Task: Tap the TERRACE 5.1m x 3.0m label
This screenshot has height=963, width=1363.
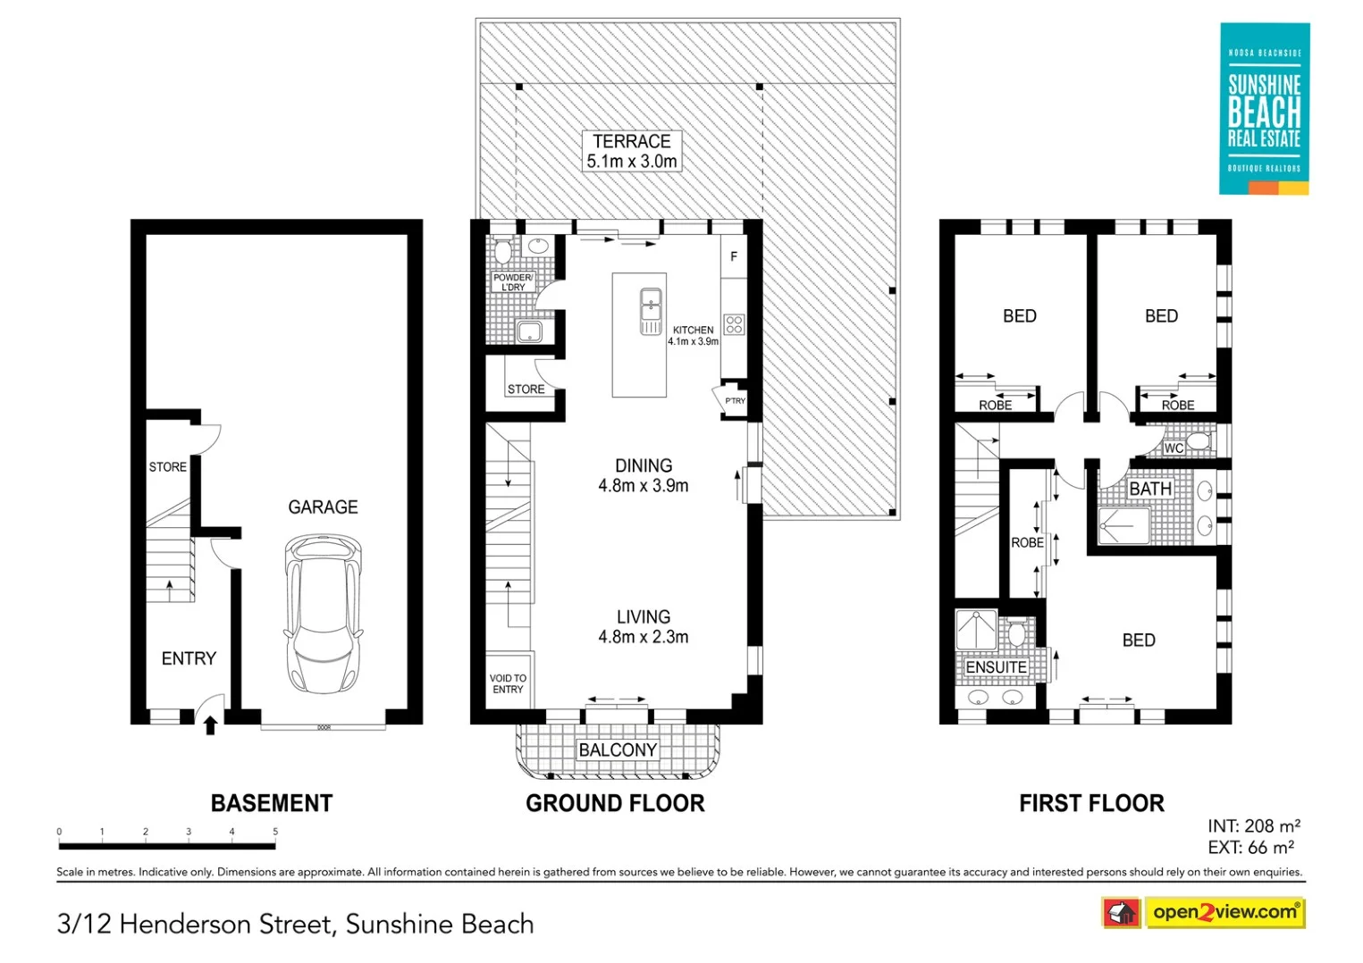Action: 632,151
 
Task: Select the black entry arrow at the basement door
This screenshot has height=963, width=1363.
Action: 211,724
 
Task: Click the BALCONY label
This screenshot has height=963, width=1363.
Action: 618,749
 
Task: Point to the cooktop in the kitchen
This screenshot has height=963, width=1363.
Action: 734,324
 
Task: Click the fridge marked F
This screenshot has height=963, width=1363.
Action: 734,256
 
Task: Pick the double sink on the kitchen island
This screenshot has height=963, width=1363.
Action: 651,311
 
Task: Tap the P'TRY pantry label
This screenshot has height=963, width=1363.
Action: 735,401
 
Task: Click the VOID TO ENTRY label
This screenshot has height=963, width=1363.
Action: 508,683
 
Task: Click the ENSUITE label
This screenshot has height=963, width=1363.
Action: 996,667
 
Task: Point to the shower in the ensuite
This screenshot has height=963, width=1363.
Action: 976,629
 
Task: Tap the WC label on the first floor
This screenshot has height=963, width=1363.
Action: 1174,448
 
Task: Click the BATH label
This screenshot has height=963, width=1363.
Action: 1150,489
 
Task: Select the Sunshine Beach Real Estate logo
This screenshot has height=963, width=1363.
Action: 1264,108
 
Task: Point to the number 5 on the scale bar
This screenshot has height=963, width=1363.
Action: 275,832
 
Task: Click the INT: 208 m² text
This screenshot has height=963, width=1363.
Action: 1253,826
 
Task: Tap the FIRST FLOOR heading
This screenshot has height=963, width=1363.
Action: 1091,803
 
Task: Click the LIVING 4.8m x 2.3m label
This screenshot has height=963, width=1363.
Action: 644,627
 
